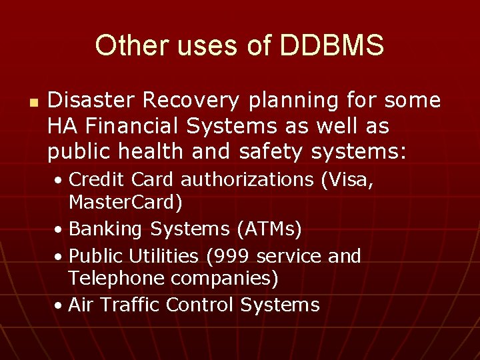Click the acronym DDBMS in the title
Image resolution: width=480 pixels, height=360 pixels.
[332, 46]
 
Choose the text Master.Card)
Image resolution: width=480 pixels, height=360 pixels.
[125, 201]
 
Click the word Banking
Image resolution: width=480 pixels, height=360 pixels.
[106, 229]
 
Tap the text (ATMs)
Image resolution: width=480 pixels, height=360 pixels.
[269, 229]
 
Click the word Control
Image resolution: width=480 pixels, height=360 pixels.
[200, 305]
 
